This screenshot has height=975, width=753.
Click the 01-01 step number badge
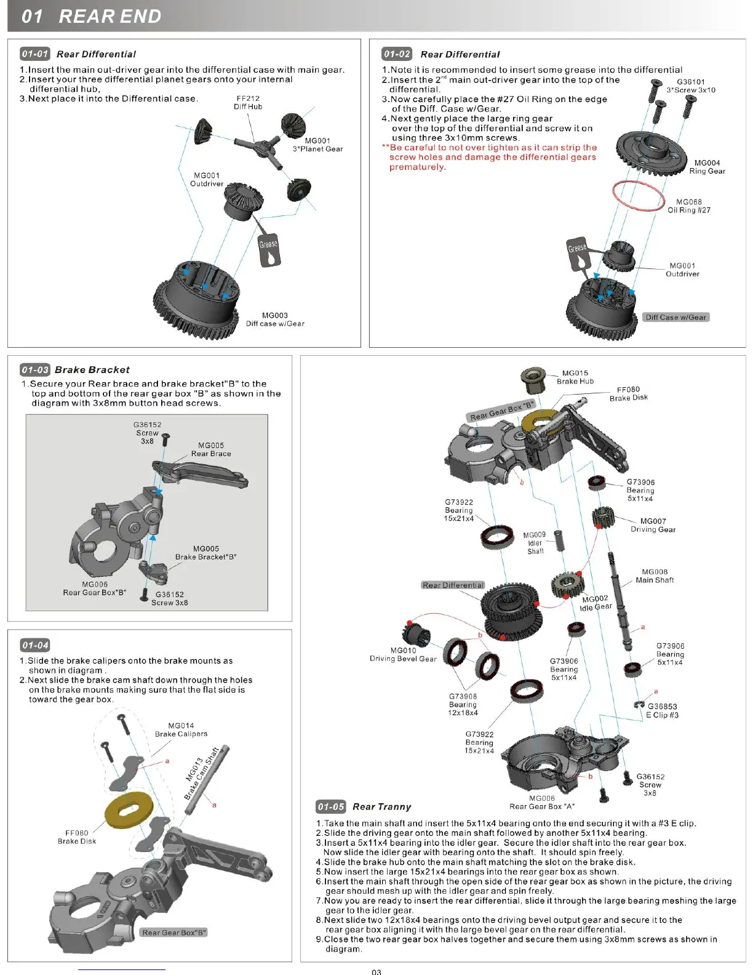(x=34, y=54)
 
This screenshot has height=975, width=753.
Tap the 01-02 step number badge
(x=396, y=54)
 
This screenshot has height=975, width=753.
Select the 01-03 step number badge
(x=34, y=369)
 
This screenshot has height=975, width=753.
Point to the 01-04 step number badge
(x=34, y=645)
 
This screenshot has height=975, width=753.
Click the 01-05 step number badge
(x=331, y=806)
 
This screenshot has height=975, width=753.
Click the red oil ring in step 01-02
(x=639, y=196)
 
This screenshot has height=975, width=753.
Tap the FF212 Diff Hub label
(x=248, y=102)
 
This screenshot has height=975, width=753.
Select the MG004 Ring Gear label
(x=707, y=167)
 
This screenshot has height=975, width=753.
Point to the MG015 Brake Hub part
(x=533, y=380)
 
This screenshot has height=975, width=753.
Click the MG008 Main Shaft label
(x=655, y=576)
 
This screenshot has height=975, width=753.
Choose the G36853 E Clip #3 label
(x=663, y=711)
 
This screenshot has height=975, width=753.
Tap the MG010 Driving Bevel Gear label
(x=403, y=654)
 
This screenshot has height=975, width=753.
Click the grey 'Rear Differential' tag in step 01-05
(x=453, y=585)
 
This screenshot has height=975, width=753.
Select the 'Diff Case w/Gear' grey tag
(x=675, y=317)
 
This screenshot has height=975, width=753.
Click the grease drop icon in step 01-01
(x=269, y=250)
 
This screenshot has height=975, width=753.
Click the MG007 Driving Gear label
(x=653, y=525)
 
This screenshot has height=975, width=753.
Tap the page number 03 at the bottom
(x=376, y=971)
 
